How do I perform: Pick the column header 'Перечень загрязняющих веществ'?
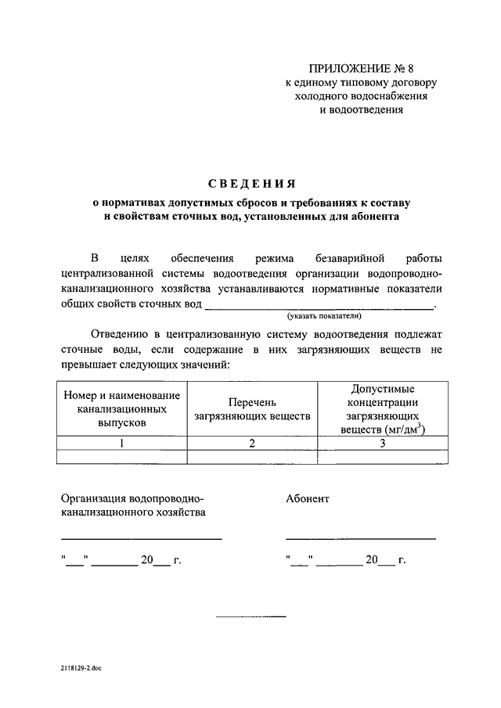click(x=252, y=409)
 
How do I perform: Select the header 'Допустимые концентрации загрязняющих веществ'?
click(x=383, y=409)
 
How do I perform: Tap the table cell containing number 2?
click(x=252, y=444)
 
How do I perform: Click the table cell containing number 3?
click(x=383, y=444)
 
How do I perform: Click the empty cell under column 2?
click(x=252, y=457)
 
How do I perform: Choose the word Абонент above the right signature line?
click(x=308, y=498)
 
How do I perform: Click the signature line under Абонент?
click(x=360, y=538)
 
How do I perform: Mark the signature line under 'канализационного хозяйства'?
click(x=141, y=538)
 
